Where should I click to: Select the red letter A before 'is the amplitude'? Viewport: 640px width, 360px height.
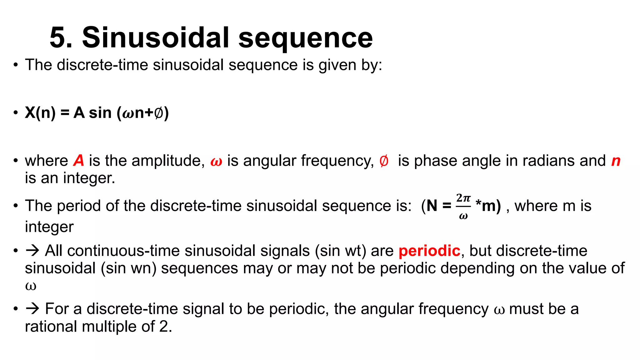[79, 161]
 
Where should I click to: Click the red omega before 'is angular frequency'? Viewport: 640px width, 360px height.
[216, 162]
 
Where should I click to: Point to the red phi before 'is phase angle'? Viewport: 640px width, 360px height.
[384, 161]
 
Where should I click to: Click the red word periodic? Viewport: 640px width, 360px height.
[429, 251]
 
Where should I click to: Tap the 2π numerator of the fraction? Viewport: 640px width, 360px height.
[463, 198]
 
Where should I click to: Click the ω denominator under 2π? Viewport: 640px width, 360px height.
[463, 216]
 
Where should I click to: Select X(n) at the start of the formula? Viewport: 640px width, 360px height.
[40, 112]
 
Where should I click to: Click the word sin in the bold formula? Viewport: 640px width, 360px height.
[100, 112]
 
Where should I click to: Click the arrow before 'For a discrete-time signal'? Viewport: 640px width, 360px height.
[32, 309]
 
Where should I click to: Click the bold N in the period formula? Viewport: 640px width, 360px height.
[432, 206]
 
